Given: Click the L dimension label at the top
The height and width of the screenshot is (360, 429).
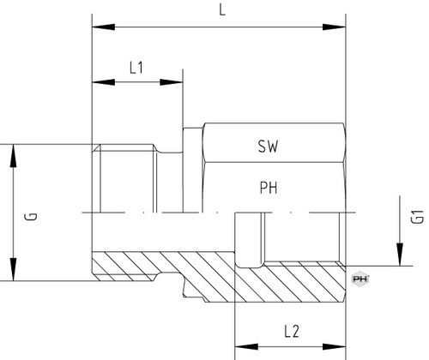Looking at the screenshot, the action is [222, 10].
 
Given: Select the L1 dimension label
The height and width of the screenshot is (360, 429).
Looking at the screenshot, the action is [136, 68].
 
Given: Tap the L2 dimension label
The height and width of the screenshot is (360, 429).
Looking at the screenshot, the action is [292, 332].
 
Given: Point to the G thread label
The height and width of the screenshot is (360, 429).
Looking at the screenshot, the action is [32, 216].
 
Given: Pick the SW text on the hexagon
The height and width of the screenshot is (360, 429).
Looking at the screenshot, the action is [268, 147].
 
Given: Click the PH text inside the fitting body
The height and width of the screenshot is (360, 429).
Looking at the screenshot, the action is [269, 188].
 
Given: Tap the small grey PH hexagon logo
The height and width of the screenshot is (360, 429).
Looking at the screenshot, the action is [360, 279].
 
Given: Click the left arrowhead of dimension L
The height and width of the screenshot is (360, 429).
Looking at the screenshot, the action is [103, 27].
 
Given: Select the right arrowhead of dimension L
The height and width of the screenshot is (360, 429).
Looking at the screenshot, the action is [334, 27].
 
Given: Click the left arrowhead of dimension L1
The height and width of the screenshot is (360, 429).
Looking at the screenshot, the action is [103, 82].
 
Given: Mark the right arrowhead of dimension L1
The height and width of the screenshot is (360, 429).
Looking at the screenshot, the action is [172, 82].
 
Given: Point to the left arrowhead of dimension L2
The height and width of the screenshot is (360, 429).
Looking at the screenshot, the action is [246, 347].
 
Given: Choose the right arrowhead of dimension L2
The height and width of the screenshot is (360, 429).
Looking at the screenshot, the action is [334, 347].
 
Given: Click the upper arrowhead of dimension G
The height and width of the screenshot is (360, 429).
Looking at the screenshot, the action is [13, 156].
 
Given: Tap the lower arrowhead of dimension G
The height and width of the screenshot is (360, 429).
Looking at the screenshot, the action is [13, 269].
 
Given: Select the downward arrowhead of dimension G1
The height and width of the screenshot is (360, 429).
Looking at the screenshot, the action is [400, 255].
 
